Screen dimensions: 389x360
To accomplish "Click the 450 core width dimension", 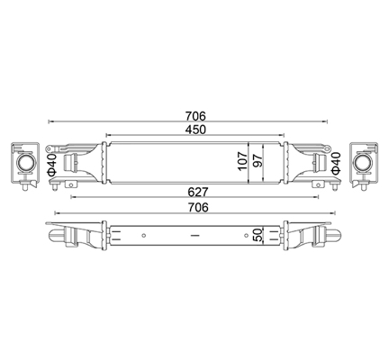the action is [195, 130].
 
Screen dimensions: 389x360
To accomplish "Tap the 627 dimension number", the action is [197, 192].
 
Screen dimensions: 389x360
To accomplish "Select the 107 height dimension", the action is [243, 161].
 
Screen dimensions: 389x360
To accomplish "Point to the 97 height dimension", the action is [258, 161].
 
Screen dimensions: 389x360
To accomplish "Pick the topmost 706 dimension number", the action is [195, 116].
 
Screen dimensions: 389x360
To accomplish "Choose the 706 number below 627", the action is [197, 207].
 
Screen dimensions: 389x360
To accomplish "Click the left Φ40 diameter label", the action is [51, 164].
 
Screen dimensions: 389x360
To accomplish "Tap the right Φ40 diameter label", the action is [336, 163].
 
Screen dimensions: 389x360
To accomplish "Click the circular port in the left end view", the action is [25, 163].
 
